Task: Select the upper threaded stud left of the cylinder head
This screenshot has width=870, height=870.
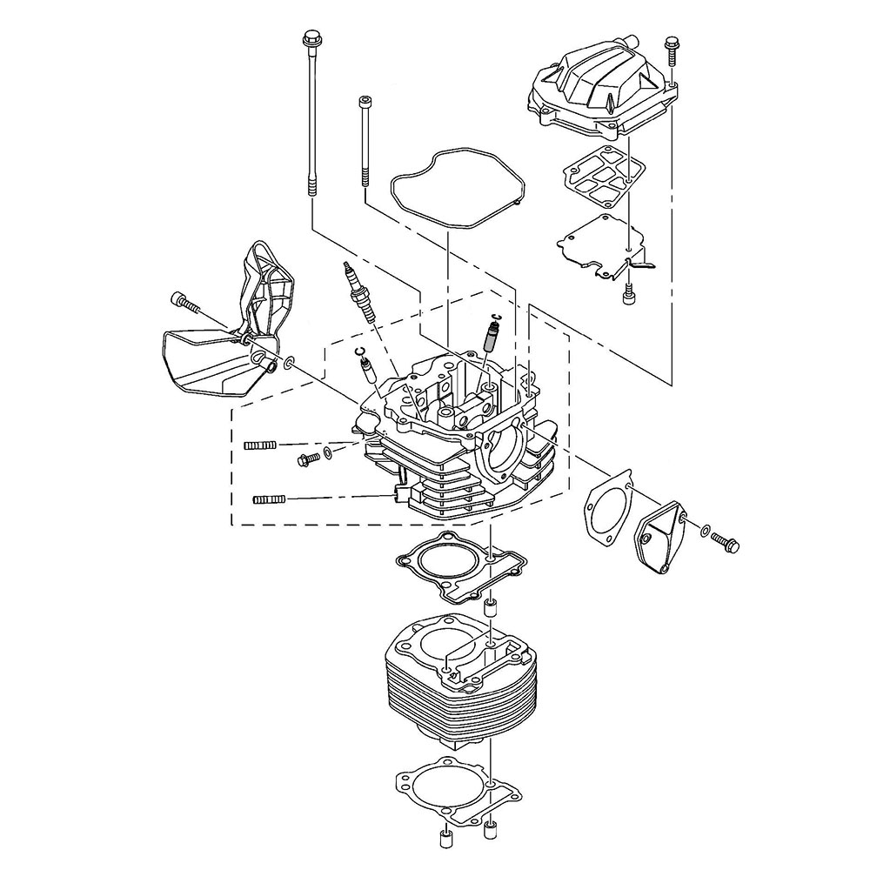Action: coord(260,445)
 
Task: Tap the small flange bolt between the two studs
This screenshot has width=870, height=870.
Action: coord(308,458)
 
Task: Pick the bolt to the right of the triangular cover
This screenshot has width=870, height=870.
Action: coord(726,540)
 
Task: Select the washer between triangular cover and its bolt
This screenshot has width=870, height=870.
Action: coord(703,529)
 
